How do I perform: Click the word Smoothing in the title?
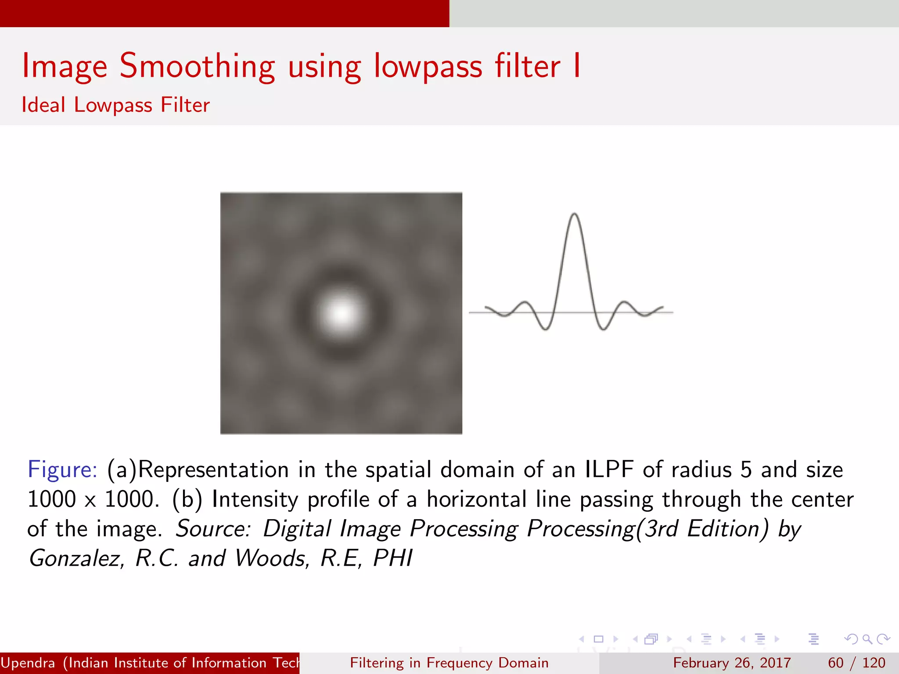(197, 67)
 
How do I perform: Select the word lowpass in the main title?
(428, 67)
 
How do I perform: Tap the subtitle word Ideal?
(43, 105)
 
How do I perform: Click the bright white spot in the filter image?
(341, 313)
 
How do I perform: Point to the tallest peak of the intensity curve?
(574, 215)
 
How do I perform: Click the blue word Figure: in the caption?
(62, 470)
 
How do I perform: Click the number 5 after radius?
(746, 470)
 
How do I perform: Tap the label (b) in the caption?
(187, 499)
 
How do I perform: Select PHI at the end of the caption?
(393, 558)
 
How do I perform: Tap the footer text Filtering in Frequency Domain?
(449, 663)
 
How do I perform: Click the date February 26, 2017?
(732, 663)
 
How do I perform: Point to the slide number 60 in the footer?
(836, 663)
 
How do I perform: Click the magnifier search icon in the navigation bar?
(867, 639)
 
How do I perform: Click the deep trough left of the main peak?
(546, 328)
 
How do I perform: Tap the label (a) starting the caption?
(122, 470)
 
